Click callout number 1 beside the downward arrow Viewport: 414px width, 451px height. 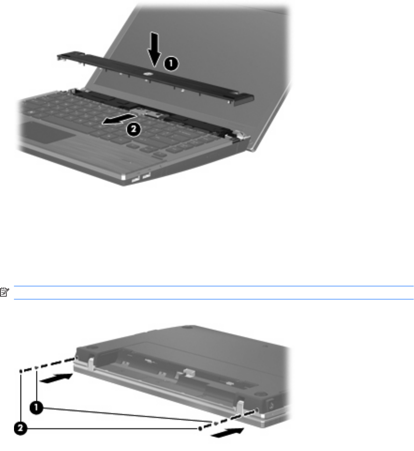pos(171,64)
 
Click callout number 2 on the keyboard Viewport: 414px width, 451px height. pos(134,130)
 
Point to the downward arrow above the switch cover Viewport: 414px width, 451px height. pos(154,50)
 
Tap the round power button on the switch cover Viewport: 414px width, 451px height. pos(148,74)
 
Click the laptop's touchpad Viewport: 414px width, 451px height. pos(47,132)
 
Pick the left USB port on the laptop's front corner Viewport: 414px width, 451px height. pos(135,180)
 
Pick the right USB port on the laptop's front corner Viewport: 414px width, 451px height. pos(146,175)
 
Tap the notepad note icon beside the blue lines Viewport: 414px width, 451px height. pos(4,291)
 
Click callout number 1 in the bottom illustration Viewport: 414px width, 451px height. pos(36,407)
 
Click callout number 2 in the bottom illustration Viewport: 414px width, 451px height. pos(21,429)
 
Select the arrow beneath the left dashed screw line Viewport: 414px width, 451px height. pos(57,378)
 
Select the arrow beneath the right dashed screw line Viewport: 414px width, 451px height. pos(228,433)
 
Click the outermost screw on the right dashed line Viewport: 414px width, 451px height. pos(200,429)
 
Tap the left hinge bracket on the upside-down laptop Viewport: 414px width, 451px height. pos(91,363)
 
